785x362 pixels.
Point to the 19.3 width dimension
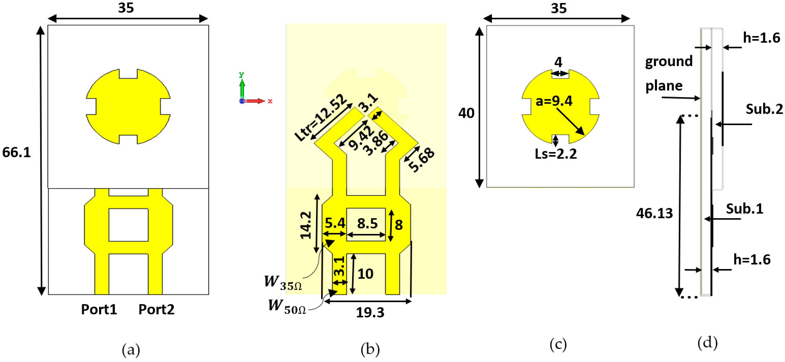370,313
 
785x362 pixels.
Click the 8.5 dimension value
367,223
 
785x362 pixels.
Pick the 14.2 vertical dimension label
306,226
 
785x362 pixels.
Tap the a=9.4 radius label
554,101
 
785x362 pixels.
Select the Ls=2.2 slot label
556,154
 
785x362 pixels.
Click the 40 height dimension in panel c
466,113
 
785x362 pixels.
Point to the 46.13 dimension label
654,213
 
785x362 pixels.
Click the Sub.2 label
764,109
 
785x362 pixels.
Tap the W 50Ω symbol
287,306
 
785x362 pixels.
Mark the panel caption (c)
558,345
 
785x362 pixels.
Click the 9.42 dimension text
361,138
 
